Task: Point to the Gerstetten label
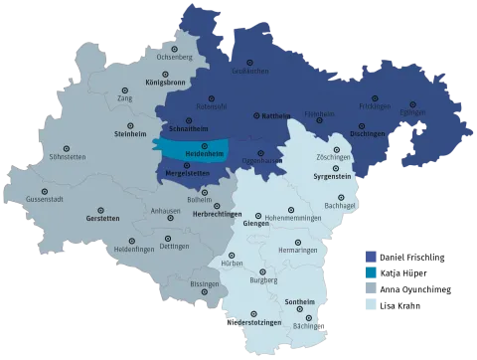click(102, 218)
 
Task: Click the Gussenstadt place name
click(45, 200)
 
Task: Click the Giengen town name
click(256, 225)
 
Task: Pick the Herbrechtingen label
click(218, 216)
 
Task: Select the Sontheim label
click(301, 301)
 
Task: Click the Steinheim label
click(131, 133)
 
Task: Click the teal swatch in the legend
click(372, 271)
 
